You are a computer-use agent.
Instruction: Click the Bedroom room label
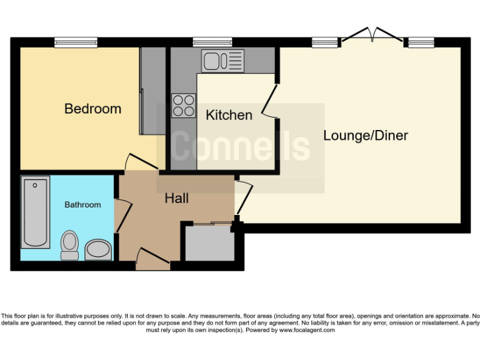pyautogui.click(x=92, y=109)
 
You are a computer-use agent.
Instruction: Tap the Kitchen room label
pyautogui.click(x=229, y=115)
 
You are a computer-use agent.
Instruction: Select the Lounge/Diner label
pyautogui.click(x=365, y=136)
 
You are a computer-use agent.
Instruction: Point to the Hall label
pyautogui.click(x=177, y=199)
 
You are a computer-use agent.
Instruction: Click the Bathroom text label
pyautogui.click(x=82, y=204)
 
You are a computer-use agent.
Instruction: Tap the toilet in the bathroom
pyautogui.click(x=69, y=245)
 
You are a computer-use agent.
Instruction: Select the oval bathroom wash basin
pyautogui.click(x=98, y=250)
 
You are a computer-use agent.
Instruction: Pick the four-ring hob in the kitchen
pyautogui.click(x=184, y=104)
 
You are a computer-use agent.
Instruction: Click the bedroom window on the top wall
pyautogui.click(x=76, y=42)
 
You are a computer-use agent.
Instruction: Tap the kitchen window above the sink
pyautogui.click(x=212, y=42)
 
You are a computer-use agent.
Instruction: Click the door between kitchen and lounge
pyautogui.click(x=270, y=100)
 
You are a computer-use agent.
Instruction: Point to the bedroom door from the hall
pyautogui.click(x=141, y=161)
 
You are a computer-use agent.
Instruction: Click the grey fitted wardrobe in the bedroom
pyautogui.click(x=152, y=90)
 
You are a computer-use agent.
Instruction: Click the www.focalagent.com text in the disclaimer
pyautogui.click(x=306, y=330)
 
